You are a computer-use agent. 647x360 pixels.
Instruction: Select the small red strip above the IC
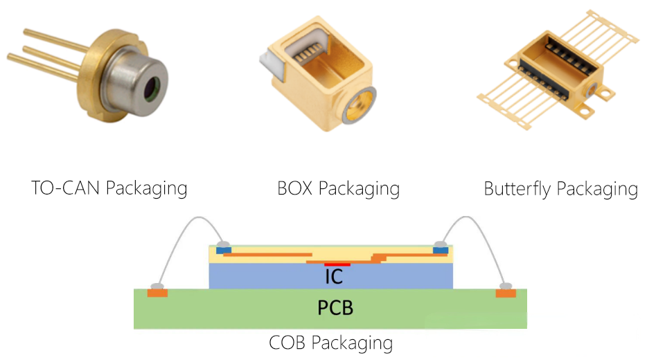point(337,264)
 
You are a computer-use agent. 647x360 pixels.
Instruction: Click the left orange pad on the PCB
point(157,294)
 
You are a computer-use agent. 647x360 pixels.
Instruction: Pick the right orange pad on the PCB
point(506,294)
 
